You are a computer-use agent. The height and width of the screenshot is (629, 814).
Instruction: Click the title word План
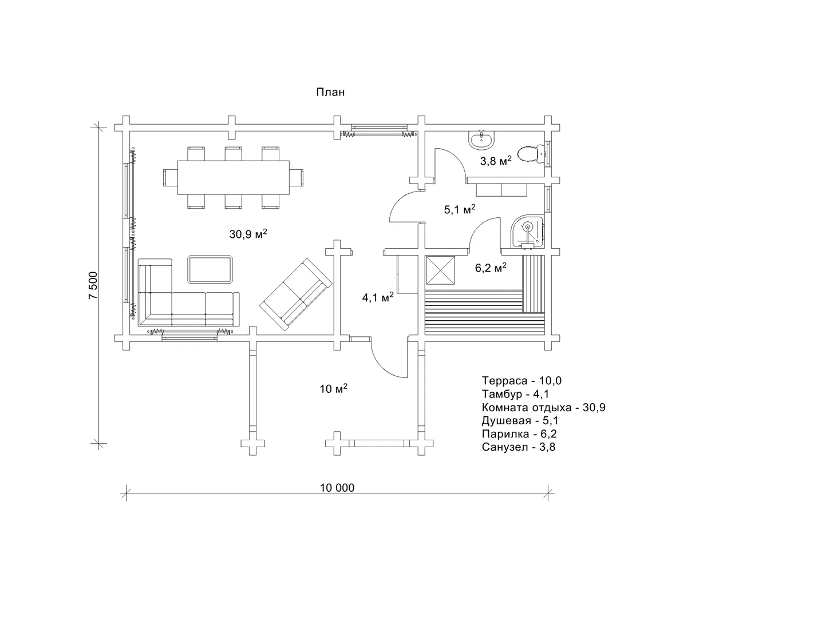pos(330,92)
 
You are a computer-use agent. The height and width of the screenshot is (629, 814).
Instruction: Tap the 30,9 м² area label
pos(248,234)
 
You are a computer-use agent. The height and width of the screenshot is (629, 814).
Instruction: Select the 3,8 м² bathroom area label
pos(496,161)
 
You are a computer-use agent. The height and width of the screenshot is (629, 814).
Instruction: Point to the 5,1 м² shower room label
pos(460,209)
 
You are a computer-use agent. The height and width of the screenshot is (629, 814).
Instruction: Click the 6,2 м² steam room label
pos(491,268)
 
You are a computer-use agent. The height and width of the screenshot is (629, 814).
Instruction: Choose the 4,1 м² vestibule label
pos(378,297)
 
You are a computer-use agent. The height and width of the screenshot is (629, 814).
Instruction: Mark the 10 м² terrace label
pos(333,388)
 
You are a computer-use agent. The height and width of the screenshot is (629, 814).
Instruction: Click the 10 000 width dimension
pos(337,488)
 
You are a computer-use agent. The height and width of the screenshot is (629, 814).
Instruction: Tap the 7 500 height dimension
pos(93,285)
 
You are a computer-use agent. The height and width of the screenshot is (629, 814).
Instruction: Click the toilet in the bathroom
pos(531,154)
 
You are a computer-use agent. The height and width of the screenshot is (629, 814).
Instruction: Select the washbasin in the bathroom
pos(482,140)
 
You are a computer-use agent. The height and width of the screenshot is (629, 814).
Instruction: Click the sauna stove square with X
pos(440,270)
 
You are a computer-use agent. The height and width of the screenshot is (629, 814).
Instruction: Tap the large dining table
pos(233,177)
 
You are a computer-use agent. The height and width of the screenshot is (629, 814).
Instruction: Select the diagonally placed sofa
pos(296,294)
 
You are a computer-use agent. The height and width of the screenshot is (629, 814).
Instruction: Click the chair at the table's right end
pos(297,177)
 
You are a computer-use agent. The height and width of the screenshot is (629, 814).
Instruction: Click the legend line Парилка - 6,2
pos(519,433)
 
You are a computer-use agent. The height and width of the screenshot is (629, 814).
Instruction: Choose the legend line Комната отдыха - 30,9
pos(544,407)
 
